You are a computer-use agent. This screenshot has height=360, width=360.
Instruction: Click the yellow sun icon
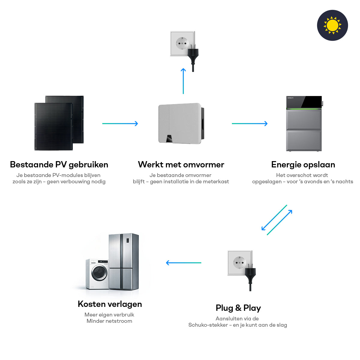point(332,25)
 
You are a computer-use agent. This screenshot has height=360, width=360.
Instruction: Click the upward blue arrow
point(183,81)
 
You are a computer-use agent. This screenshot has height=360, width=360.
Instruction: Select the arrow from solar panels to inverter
point(120,124)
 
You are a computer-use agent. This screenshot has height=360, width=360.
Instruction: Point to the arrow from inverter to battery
point(250,124)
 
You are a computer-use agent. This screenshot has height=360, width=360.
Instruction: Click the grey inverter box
point(180,123)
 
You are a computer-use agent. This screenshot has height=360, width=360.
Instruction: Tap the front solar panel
point(53,126)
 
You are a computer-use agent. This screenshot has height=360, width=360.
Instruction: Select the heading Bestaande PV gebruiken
point(59,165)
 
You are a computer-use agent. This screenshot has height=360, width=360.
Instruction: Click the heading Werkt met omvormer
point(181,165)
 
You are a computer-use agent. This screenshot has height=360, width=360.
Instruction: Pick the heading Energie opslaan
point(303,165)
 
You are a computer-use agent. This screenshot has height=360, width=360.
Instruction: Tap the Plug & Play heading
point(238,308)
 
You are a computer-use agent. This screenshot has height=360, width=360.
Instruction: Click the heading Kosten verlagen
point(110,304)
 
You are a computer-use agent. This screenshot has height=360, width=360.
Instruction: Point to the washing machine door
point(99,273)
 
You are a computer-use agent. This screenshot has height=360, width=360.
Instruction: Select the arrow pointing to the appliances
point(184,263)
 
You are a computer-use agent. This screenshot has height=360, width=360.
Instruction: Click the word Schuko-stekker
point(208,325)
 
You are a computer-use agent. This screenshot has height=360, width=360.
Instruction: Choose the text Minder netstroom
point(109,321)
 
